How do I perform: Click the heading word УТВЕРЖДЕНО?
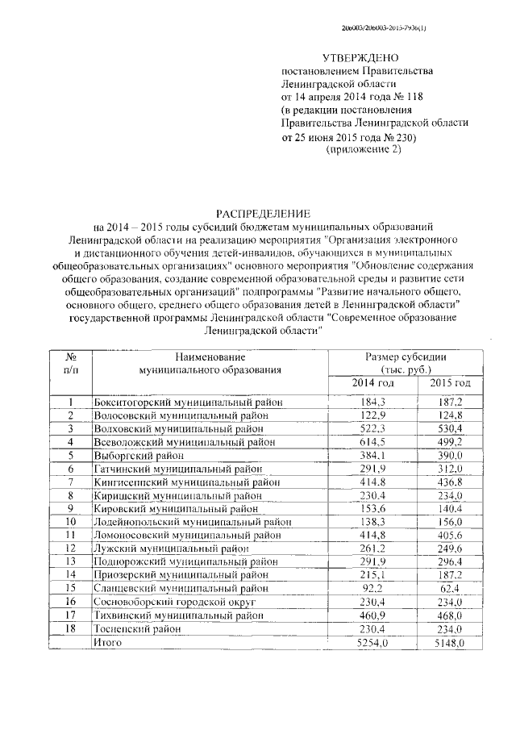pos(360,58)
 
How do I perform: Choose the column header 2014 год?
pos(372,383)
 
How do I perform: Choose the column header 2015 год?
pos(450,383)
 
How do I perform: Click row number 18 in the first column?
pos(70,628)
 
